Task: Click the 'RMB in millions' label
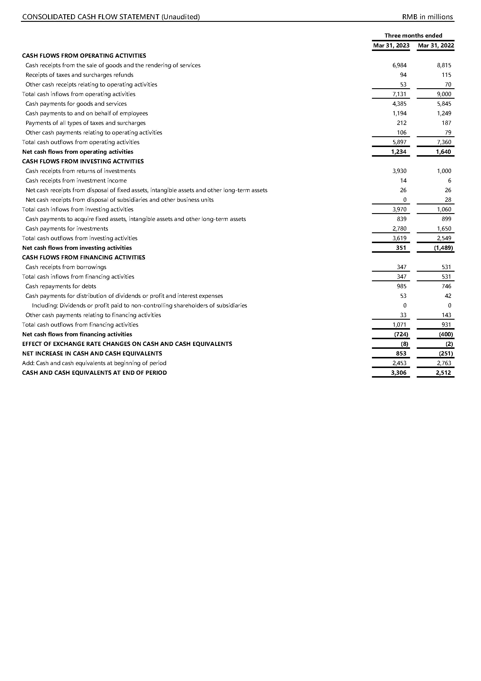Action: [427, 17]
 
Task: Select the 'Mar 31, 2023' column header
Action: [391, 45]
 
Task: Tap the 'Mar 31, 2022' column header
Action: [436, 45]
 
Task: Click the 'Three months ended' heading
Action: [413, 36]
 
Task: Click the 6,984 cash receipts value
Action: [399, 65]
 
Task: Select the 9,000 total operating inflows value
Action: [444, 94]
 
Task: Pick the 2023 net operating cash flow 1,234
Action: [399, 152]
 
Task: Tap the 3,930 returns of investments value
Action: [399, 171]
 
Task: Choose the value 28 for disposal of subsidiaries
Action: [448, 200]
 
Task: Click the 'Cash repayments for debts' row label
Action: [61, 286]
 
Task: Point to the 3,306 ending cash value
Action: [399, 373]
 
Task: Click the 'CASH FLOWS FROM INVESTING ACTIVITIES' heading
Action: [83, 161]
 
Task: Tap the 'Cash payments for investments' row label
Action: [67, 229]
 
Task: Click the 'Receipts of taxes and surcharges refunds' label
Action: [79, 75]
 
